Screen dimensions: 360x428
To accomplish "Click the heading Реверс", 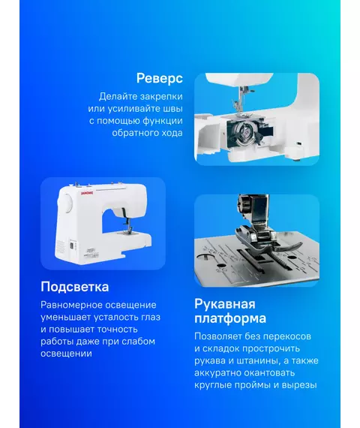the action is (160, 78).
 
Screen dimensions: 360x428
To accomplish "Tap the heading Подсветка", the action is (75, 287).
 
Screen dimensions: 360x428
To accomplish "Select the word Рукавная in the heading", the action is (225, 304).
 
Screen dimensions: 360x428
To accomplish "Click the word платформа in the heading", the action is (230, 319).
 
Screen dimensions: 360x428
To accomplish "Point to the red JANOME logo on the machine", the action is (87, 193).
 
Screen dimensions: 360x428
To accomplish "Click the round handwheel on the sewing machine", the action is (65, 203).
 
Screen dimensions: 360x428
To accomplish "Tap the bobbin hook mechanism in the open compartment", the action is (245, 134).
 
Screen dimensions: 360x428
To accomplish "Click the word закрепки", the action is (161, 97).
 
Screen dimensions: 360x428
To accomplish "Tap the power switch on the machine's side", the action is (72, 246).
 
